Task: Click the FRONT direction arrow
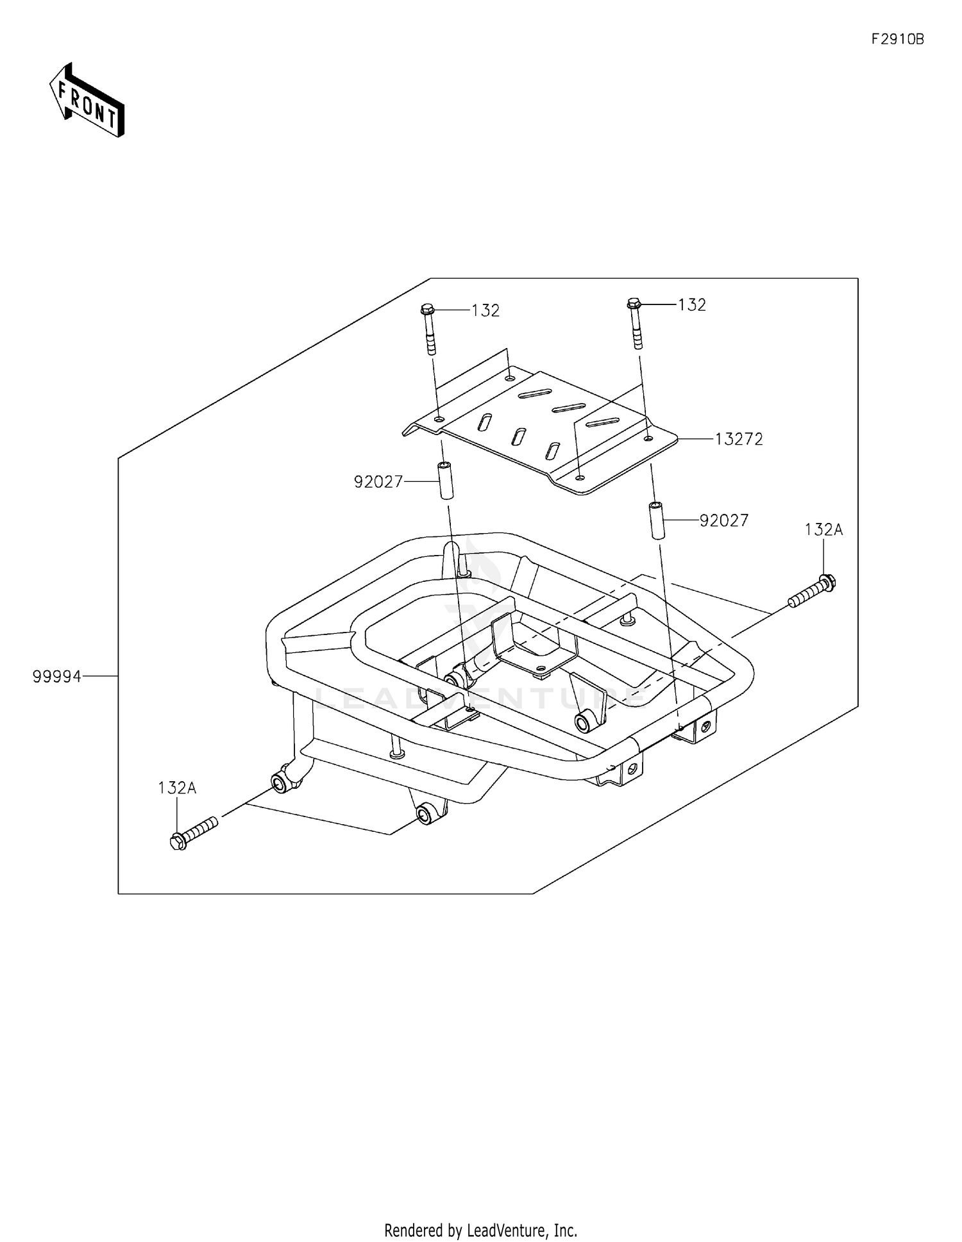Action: pos(87,100)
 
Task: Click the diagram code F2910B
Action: pos(897,39)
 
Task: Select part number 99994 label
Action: pos(57,676)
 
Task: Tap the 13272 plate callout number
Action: pos(739,440)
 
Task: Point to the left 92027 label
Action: pos(378,482)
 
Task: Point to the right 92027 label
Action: pos(724,520)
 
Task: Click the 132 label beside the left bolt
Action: pos(485,311)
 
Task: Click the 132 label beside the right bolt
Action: pos(692,305)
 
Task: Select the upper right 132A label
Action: pos(824,530)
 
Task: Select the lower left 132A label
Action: pos(177,788)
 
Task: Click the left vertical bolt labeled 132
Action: pos(428,330)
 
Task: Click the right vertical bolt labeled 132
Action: pos(635,324)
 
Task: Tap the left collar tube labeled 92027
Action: pos(445,479)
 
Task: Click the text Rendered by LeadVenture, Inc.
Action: pos(480,1230)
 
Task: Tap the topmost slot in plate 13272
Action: pos(536,393)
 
